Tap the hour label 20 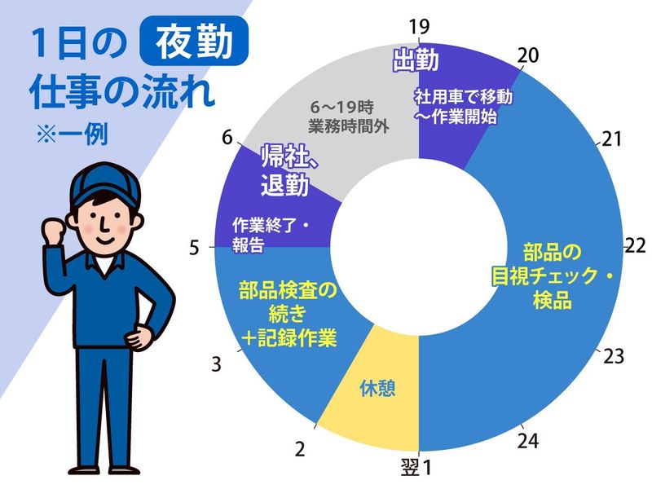point(528,55)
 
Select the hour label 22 point(635,245)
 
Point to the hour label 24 point(528,440)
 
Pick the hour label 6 point(227,137)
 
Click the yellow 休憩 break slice point(377,388)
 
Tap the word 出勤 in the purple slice point(416,61)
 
